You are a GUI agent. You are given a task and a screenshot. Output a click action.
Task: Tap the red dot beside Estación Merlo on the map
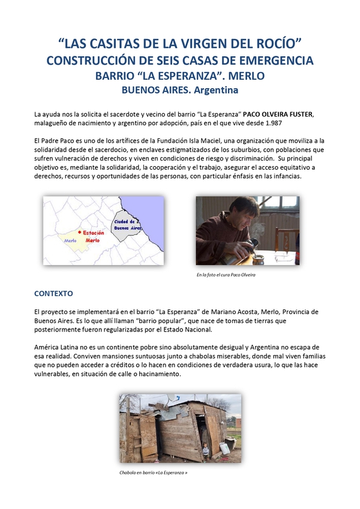(79, 232)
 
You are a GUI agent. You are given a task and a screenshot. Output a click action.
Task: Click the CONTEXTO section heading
(53, 294)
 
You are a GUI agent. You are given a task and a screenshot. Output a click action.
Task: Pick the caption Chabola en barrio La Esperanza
(153, 472)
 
